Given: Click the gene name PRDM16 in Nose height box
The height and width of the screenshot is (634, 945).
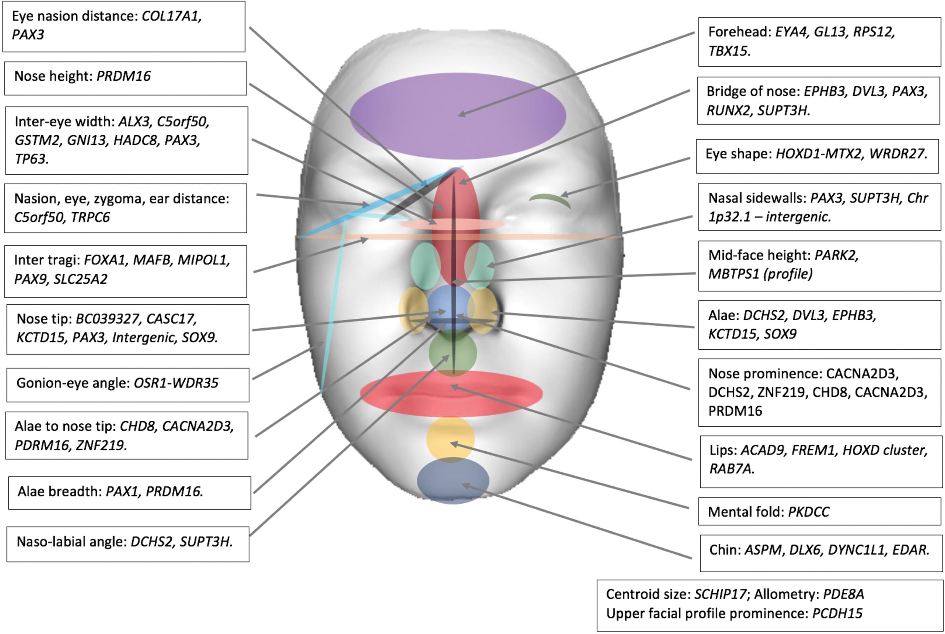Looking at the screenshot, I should coord(123,76).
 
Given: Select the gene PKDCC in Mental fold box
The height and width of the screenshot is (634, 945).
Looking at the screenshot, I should coord(808,512).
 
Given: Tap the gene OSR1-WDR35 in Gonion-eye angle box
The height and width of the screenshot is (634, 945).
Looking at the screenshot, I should coord(176,383).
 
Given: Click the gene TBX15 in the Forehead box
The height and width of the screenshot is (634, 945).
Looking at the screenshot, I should coord(729,51).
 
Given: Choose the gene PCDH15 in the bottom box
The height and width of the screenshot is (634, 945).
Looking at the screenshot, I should coord(837,613).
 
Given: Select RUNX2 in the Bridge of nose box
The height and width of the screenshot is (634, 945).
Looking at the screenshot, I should coord(728,110).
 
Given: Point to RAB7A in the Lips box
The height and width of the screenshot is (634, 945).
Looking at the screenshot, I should coord(731,469).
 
